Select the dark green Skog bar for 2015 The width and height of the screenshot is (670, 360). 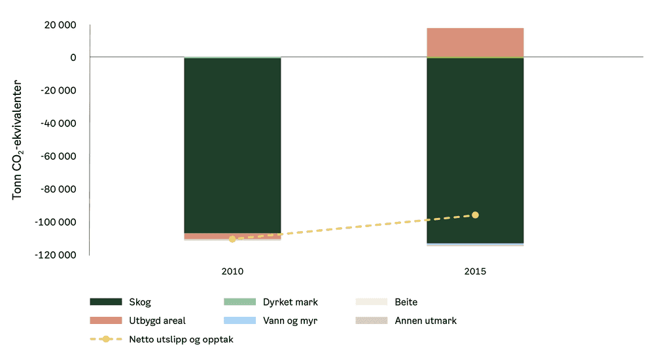pos(475,151)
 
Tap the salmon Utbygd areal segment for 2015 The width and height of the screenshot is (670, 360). pos(475,43)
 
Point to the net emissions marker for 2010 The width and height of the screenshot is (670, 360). pos(232,239)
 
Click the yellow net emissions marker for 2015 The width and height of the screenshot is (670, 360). pos(475,215)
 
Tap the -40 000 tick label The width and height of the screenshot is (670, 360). pos(58,123)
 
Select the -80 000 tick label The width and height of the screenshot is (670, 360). pos(58,189)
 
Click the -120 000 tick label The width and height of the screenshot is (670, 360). pos(56,255)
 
